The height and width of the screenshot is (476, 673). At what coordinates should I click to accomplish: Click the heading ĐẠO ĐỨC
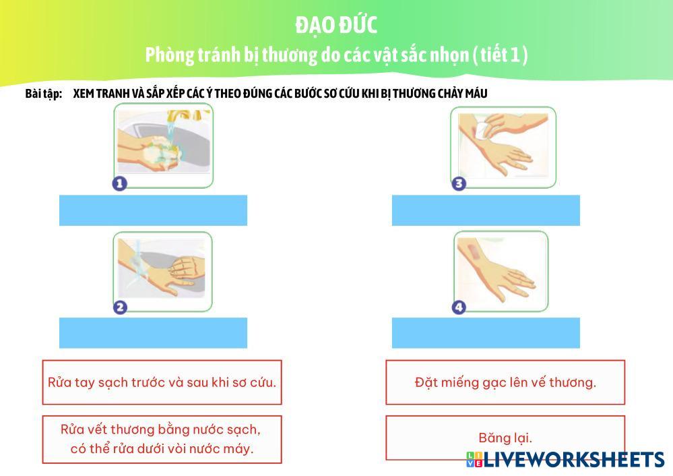tap(335, 25)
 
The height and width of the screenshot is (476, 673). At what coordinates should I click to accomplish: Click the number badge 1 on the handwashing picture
tap(119, 183)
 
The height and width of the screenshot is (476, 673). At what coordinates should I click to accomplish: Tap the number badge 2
tap(119, 307)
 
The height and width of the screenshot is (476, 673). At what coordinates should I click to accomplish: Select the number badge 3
tap(459, 183)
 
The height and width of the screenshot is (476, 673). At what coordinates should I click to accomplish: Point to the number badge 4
tap(459, 307)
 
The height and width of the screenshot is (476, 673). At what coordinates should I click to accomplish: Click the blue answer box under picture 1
tap(153, 210)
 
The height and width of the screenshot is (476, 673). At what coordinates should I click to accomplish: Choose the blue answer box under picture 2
tap(153, 332)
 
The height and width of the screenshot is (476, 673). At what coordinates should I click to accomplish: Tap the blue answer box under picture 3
tap(486, 210)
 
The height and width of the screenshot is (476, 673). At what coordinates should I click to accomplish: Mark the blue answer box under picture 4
tap(486, 332)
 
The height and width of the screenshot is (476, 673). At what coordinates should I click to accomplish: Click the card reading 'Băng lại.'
tap(505, 437)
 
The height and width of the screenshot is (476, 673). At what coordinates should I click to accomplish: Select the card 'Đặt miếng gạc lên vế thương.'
tap(505, 382)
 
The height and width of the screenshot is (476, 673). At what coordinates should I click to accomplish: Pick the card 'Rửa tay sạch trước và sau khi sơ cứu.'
tap(162, 382)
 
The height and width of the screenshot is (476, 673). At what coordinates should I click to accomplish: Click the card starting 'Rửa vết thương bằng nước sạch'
tap(162, 440)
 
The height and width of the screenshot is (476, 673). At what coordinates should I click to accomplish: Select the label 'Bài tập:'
tap(43, 93)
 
